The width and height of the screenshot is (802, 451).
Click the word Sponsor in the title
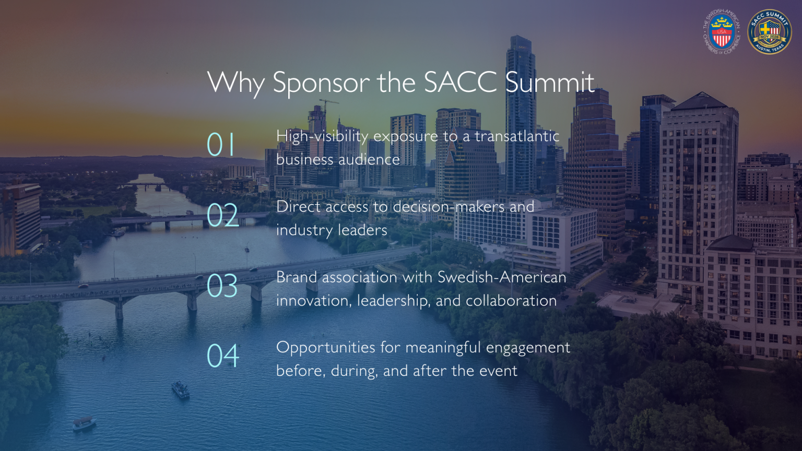click(321, 83)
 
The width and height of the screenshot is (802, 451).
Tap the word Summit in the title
click(550, 83)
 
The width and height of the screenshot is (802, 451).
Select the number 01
click(221, 145)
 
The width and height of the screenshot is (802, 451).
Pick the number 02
click(222, 215)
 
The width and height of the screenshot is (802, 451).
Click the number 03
click(222, 286)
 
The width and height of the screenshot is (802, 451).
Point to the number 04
click(223, 357)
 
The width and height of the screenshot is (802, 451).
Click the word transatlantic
click(517, 136)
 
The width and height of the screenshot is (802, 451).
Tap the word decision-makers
click(449, 207)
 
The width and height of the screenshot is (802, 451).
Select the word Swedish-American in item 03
click(502, 277)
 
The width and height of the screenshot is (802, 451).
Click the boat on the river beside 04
click(180, 389)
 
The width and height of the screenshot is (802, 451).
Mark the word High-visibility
click(322, 137)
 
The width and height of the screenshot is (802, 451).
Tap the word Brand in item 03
click(297, 277)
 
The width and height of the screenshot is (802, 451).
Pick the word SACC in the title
click(460, 83)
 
